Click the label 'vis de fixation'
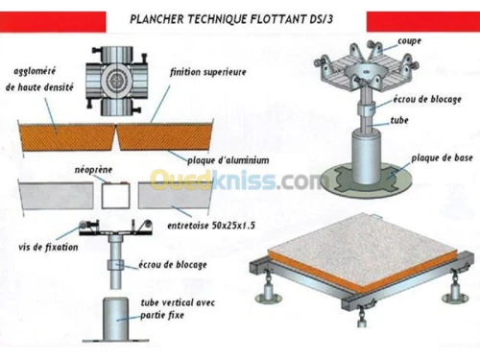(42, 246)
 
